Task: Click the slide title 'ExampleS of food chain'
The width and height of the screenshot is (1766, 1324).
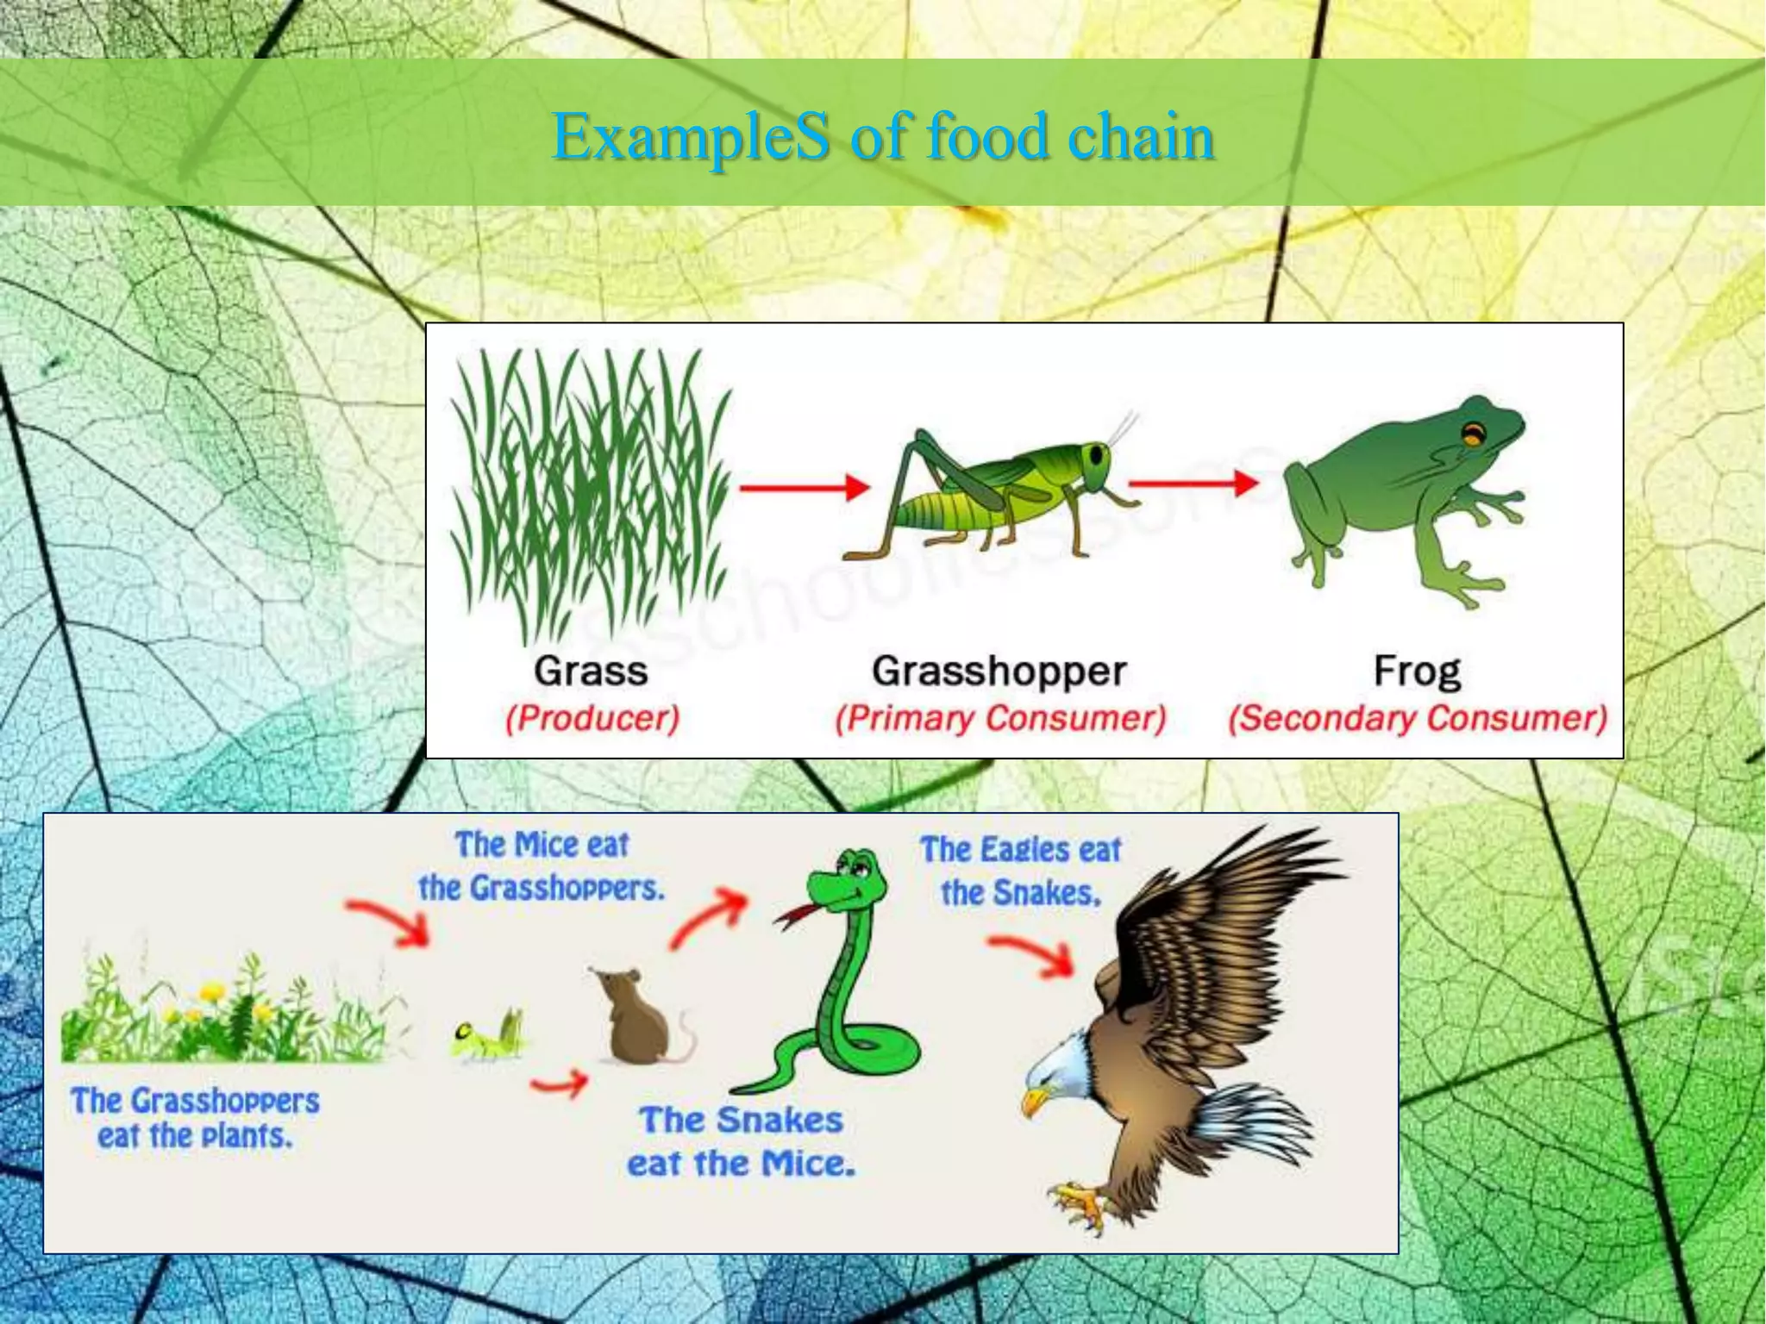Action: [x=883, y=136]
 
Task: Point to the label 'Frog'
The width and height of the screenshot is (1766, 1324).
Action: [x=1417, y=671]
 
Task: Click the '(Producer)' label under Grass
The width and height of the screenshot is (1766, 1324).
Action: [x=592, y=718]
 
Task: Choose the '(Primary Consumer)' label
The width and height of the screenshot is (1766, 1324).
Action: [x=1000, y=718]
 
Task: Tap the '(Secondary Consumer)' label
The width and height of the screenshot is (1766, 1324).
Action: [x=1418, y=718]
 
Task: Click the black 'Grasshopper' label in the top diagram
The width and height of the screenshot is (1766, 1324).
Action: [x=999, y=671]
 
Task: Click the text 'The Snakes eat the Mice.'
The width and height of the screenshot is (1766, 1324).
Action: [x=741, y=1142]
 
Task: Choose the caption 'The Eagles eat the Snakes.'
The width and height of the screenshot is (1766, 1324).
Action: [x=1020, y=871]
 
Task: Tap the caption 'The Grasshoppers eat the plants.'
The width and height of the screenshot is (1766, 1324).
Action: [x=195, y=1118]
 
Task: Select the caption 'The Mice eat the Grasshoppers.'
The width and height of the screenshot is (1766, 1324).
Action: [x=542, y=866]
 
